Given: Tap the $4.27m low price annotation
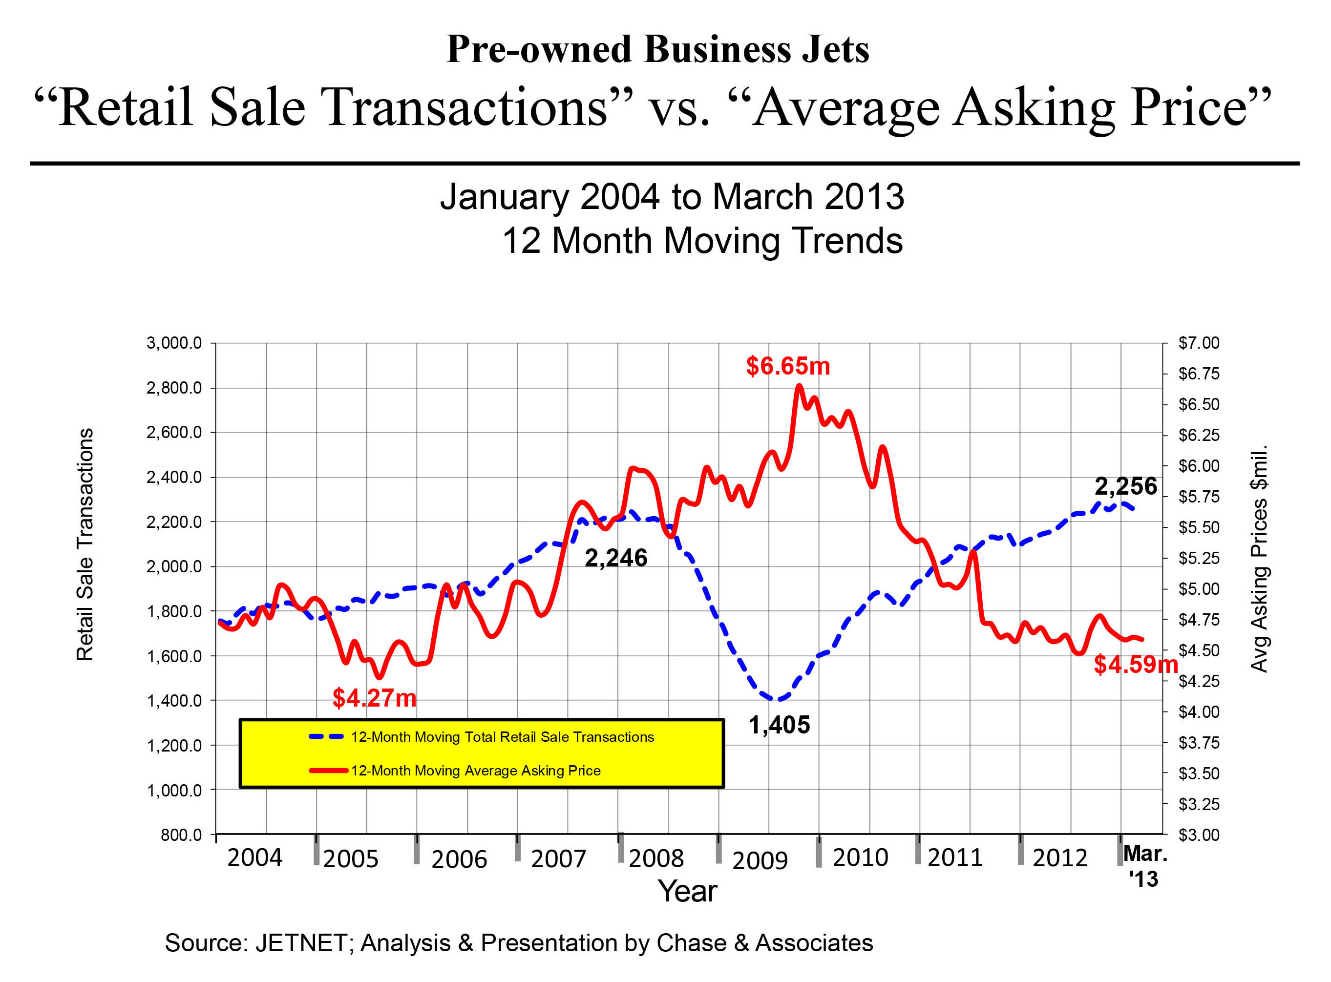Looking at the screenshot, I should (374, 698).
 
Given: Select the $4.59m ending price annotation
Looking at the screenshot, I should (1136, 664).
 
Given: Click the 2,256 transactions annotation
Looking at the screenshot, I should (1126, 486).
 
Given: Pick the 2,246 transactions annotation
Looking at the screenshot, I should (616, 558).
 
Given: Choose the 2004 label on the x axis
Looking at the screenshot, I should (254, 858).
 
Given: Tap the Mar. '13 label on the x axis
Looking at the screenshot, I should (1144, 866).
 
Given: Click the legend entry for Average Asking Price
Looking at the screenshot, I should (476, 771).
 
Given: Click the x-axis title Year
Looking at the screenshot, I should (687, 892).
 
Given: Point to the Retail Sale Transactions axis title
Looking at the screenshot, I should (85, 544).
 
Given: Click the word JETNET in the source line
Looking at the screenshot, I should (301, 943).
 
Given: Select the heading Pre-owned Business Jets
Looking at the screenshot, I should (657, 49).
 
